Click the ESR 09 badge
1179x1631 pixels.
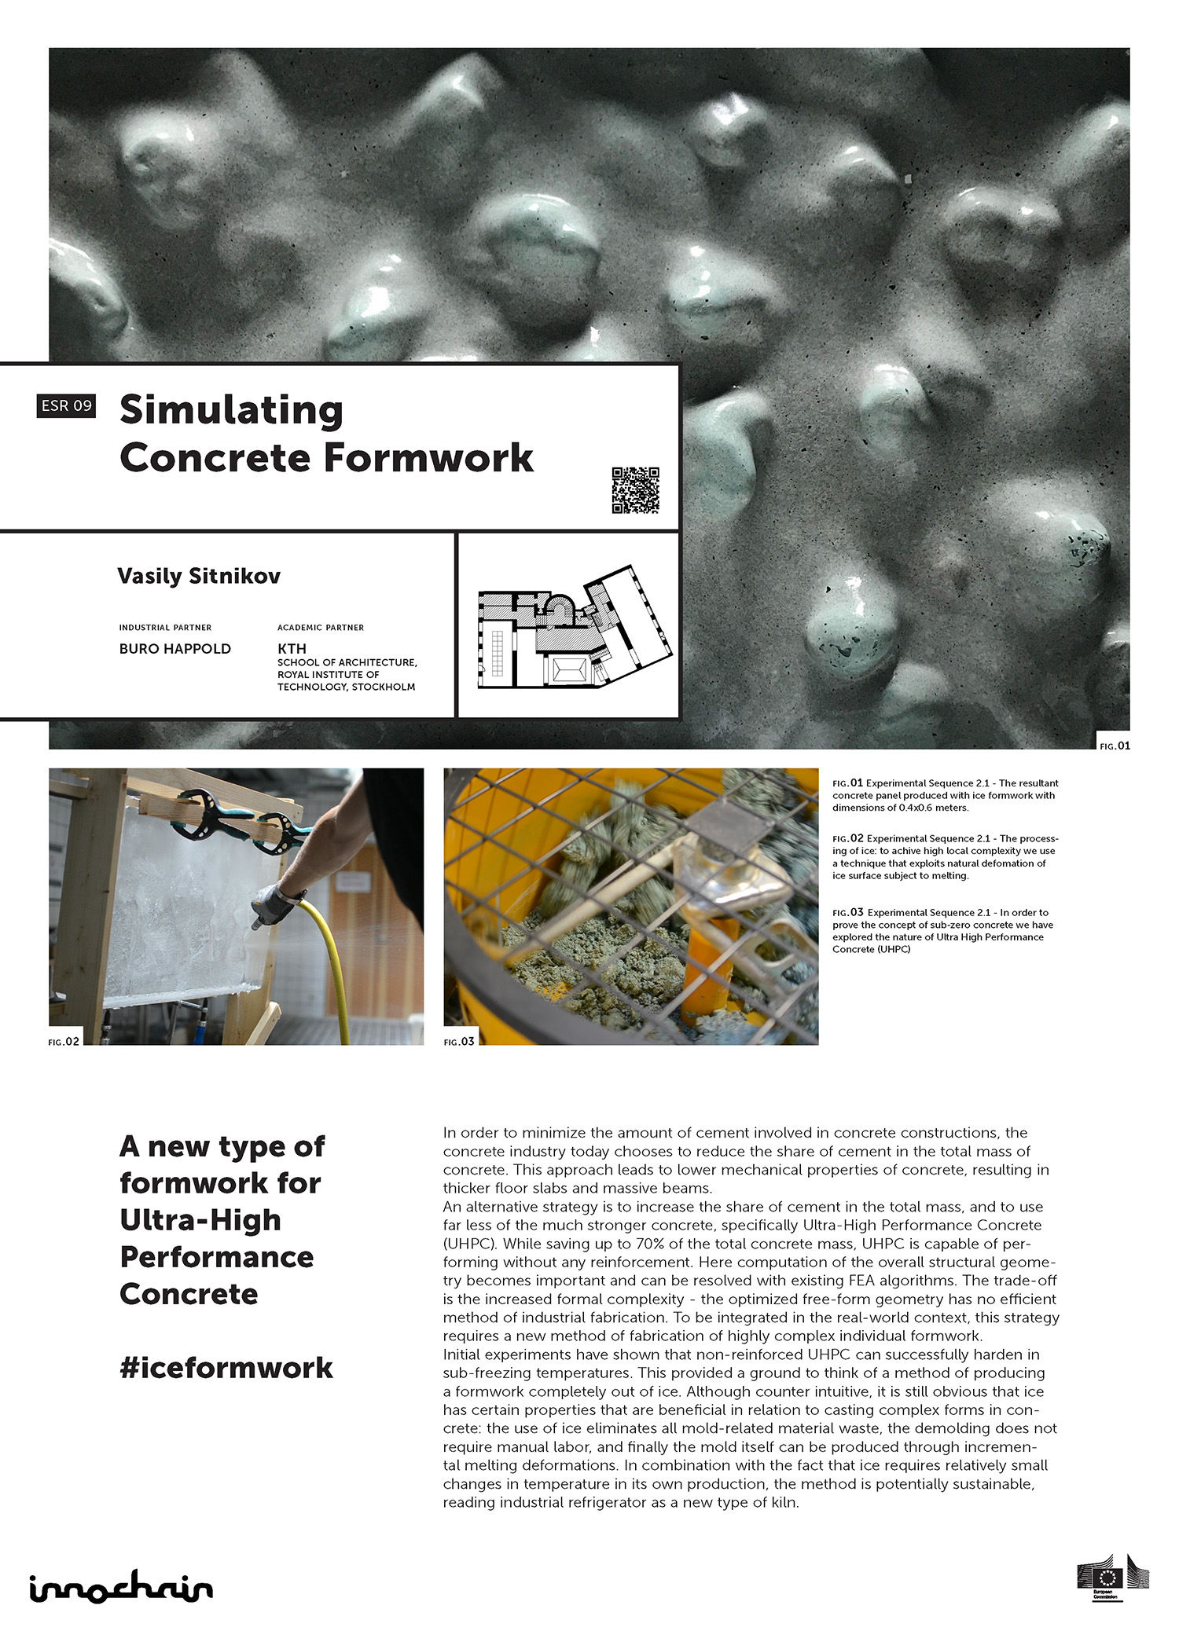coord(66,405)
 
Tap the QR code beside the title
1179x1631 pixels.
coord(635,490)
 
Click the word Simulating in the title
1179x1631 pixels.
coord(231,410)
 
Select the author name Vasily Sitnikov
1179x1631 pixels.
coord(199,576)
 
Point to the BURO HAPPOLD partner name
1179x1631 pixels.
coord(175,649)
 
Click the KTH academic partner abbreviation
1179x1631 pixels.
coord(292,649)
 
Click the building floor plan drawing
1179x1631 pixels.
coord(575,628)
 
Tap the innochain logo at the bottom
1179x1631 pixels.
coord(121,1587)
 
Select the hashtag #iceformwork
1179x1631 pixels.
coord(226,1368)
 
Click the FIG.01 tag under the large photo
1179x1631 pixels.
coord(1115,746)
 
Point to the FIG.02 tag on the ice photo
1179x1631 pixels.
coord(64,1042)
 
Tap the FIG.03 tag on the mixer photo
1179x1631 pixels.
coord(459,1042)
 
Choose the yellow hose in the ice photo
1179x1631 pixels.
coord(329,966)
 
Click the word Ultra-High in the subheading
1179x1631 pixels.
coord(200,1220)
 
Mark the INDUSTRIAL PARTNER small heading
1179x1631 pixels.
coord(165,628)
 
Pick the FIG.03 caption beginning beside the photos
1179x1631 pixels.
coord(848,912)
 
